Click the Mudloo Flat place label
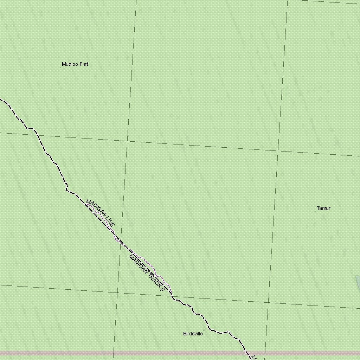pyautogui.click(x=75, y=64)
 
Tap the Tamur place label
pyautogui.click(x=323, y=208)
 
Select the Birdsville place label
pyautogui.click(x=193, y=334)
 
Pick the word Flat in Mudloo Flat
pyautogui.click(x=84, y=64)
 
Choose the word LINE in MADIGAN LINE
pyautogui.click(x=109, y=221)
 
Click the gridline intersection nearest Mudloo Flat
pyautogui.click(x=127, y=141)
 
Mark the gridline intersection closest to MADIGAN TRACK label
pyautogui.click(x=117, y=292)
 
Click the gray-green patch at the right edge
pyautogui.click(x=358, y=281)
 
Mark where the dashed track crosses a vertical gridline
pyautogui.click(x=120, y=243)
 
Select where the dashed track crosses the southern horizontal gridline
pyautogui.click(x=172, y=296)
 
